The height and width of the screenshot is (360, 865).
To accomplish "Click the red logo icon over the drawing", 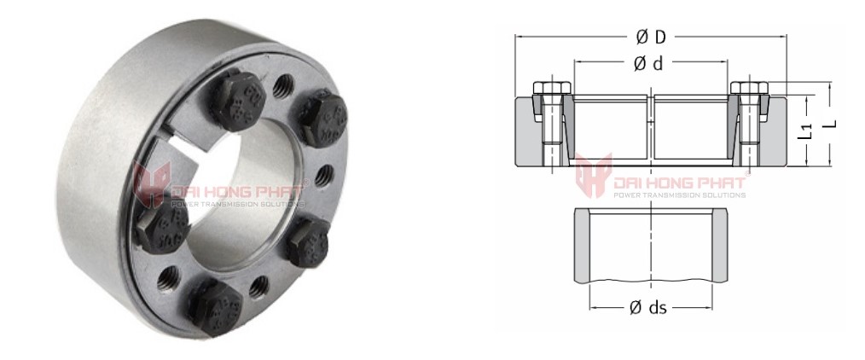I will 593,175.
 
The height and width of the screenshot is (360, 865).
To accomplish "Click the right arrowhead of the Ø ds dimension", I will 713,308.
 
